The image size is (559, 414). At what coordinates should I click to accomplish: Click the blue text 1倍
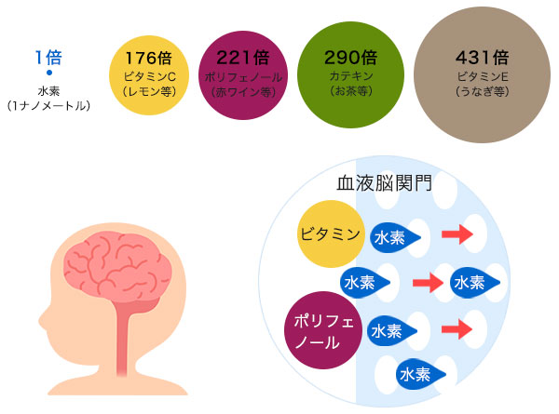point(48,58)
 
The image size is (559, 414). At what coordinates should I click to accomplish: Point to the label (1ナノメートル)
point(48,106)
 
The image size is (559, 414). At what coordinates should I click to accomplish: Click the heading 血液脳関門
point(383,182)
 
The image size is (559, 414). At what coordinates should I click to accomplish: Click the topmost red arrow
point(457,234)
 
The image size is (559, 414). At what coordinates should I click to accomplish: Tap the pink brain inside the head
point(124,264)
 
